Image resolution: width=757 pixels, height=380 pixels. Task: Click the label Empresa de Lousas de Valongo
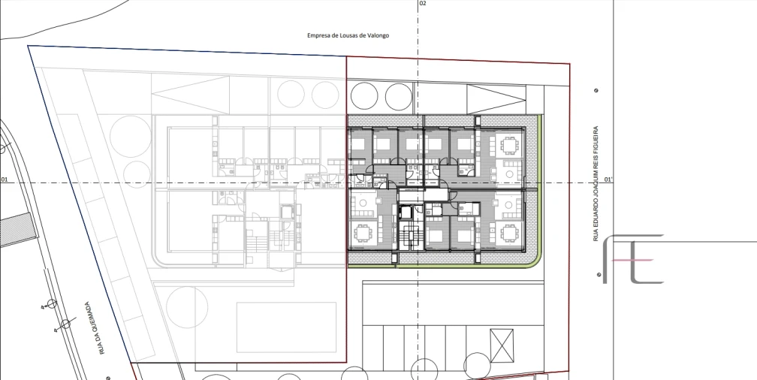coord(348,35)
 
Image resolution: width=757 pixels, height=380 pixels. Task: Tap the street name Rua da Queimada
coord(95,328)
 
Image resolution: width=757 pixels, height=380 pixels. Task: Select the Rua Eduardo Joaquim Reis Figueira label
coord(596,184)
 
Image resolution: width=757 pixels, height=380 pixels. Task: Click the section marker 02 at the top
coord(423,4)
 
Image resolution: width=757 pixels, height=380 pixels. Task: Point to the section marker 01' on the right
coord(609,179)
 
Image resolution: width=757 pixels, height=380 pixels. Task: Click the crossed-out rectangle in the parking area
coord(502,345)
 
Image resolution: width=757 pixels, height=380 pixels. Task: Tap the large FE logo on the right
coord(633,259)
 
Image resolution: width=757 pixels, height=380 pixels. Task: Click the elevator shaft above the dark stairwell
coord(405,213)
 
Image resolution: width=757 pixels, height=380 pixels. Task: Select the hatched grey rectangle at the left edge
coord(17,230)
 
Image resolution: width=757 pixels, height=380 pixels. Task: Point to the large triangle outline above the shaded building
coord(496,100)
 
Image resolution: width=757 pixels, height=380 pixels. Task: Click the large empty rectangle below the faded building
coord(286,327)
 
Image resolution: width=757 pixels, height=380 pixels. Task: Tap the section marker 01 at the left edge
coord(5,179)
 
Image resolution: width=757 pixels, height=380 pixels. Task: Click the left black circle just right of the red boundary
coord(364,95)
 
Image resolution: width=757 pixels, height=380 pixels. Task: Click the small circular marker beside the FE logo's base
coord(599,275)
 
